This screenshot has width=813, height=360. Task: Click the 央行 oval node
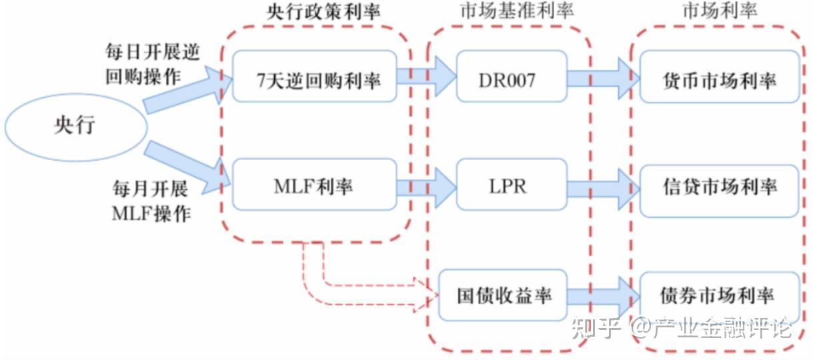[x=76, y=126]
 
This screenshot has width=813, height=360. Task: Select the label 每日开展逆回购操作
[x=153, y=64]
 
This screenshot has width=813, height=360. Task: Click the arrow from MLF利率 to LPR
[x=426, y=185]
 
